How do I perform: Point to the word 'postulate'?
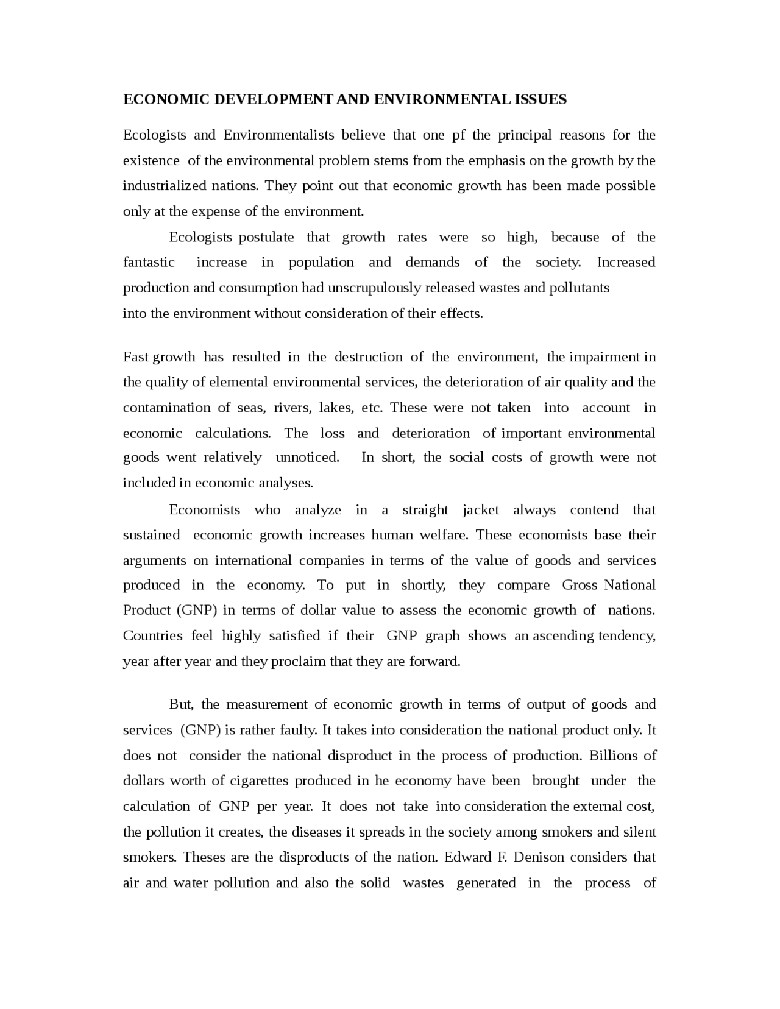pyautogui.click(x=266, y=237)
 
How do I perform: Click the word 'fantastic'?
pyautogui.click(x=149, y=262)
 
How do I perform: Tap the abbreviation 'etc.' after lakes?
pyautogui.click(x=372, y=408)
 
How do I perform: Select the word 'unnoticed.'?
pyautogui.click(x=307, y=457)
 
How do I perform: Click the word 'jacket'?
pyautogui.click(x=480, y=509)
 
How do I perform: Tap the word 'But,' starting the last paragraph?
pyautogui.click(x=181, y=704)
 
